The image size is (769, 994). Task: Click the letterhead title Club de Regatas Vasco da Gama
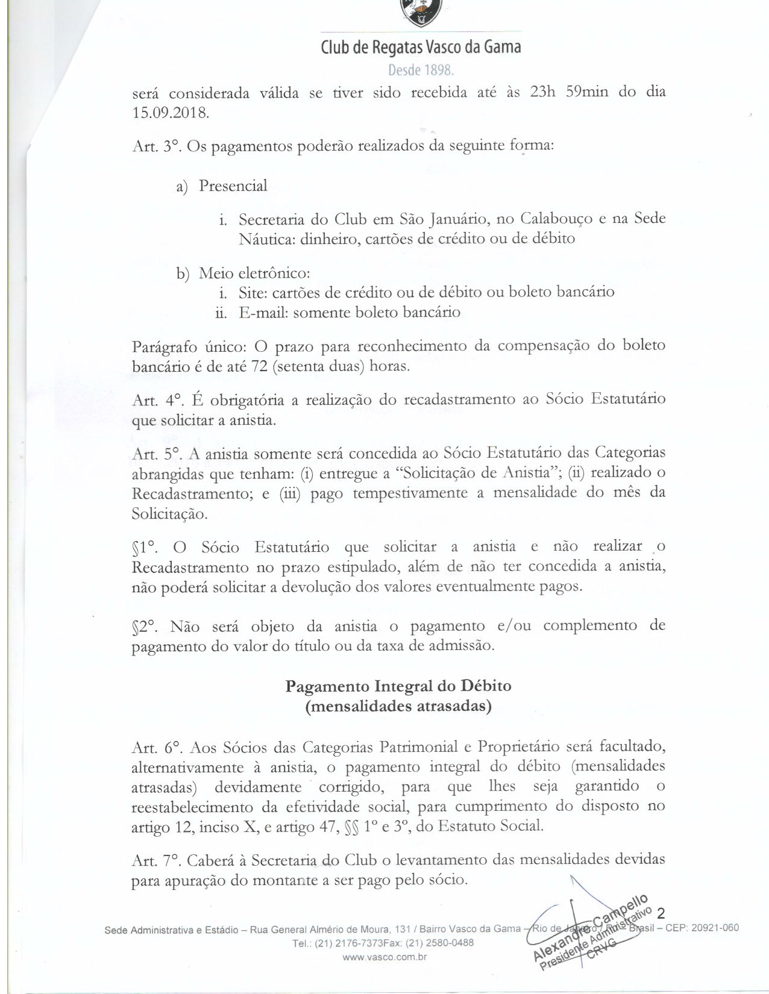421,47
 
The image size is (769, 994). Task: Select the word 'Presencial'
233,186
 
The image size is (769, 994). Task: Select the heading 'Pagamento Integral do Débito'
398,686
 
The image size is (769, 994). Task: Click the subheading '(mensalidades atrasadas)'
398,707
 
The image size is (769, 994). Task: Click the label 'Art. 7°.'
155,860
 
